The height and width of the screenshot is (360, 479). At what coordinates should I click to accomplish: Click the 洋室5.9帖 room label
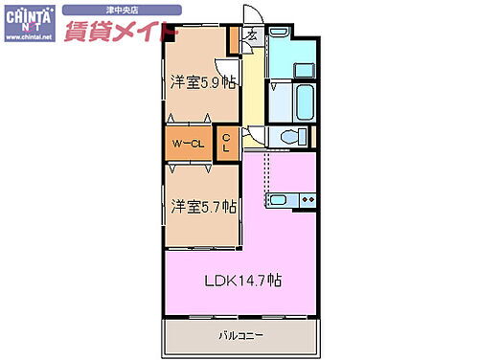point(202,81)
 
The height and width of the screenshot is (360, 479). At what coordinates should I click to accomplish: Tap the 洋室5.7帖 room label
point(204,205)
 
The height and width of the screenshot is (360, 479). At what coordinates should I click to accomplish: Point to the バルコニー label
point(239,335)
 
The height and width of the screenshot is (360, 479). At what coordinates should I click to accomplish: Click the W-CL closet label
point(188,145)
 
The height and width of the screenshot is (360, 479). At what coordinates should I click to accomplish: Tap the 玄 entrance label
point(251,36)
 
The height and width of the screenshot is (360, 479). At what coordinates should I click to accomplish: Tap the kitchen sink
point(277,200)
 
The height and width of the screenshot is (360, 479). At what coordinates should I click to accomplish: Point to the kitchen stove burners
point(307,200)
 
